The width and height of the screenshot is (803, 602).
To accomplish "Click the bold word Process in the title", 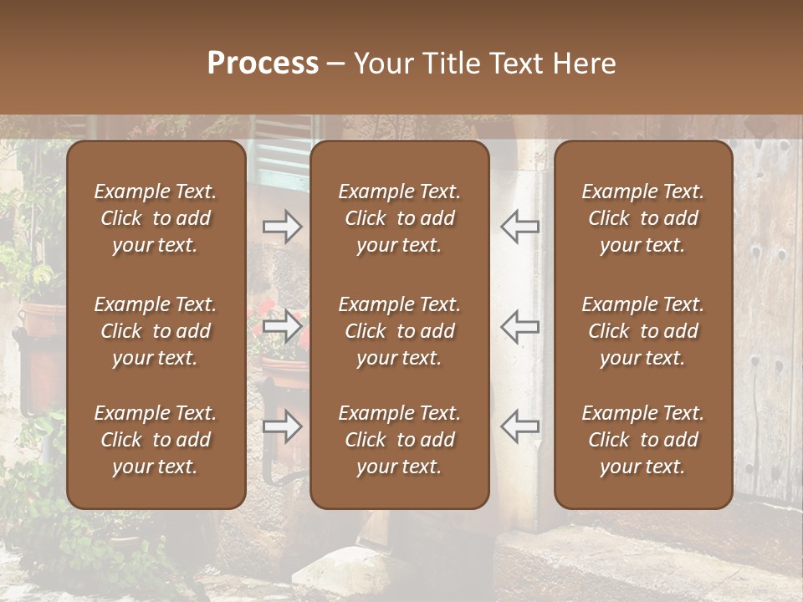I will click(263, 64).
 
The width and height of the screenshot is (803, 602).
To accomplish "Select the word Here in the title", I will click(583, 64).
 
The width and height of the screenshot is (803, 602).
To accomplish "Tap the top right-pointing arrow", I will click(282, 227).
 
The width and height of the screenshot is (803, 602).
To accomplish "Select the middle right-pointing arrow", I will click(282, 326).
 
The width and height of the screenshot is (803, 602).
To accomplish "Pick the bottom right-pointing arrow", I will click(282, 426).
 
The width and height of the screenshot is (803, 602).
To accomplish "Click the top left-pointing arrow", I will click(519, 227).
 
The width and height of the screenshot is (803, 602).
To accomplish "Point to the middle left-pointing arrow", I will click(519, 326).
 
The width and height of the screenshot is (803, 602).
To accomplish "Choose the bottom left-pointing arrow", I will click(519, 426).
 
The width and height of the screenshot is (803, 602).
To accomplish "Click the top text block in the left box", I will click(156, 218).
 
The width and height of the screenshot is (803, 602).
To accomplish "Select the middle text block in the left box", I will click(156, 331).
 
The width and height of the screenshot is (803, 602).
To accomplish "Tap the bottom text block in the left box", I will click(156, 440).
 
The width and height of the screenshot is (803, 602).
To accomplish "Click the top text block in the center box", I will click(400, 218).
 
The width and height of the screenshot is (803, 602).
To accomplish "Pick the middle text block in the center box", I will click(400, 331).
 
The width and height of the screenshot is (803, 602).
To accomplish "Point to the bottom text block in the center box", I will click(400, 440).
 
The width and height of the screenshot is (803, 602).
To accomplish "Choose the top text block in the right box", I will click(643, 218).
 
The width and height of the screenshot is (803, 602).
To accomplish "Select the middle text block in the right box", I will click(643, 331).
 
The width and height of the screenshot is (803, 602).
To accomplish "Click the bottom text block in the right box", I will click(643, 440).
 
